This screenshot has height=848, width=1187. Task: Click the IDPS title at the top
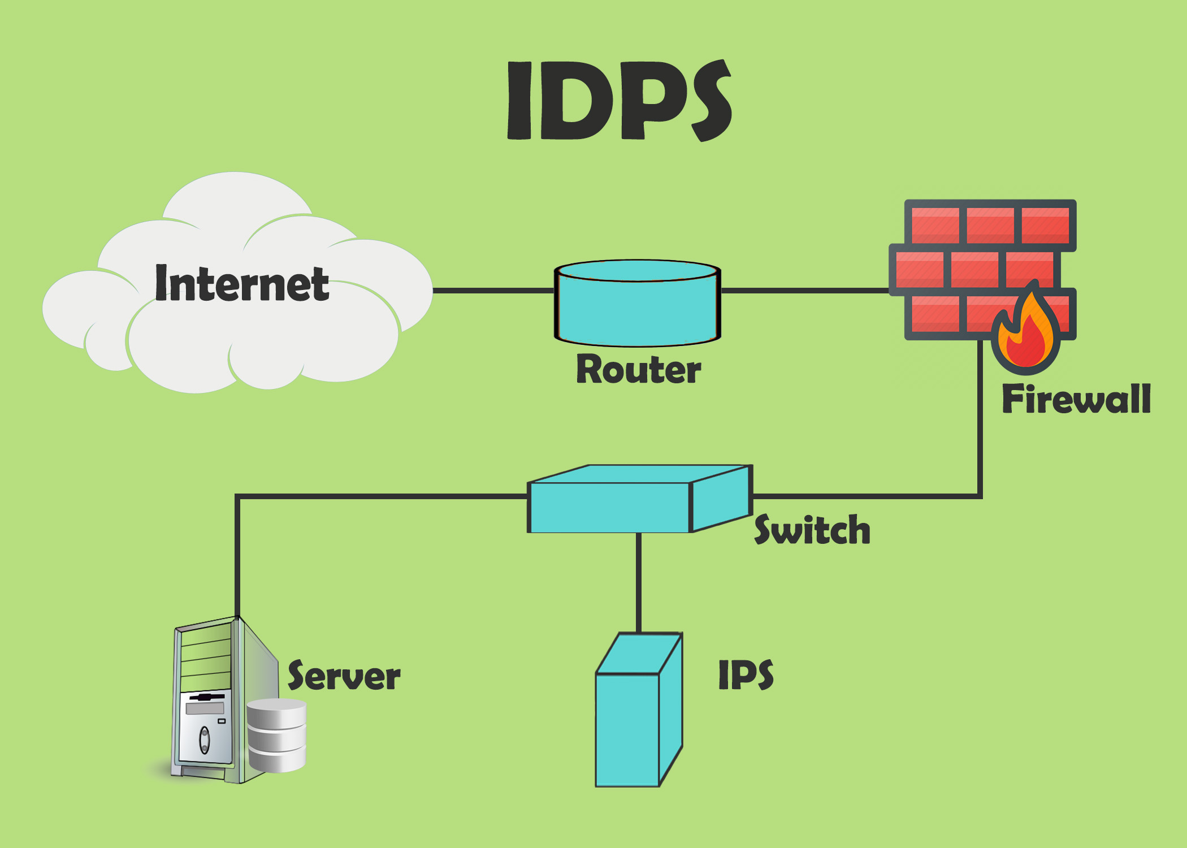619,101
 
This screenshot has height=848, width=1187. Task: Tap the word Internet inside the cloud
242,284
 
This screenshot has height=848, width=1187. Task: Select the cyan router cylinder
637,308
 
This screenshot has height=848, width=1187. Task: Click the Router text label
638,370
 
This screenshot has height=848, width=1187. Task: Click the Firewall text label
1076,399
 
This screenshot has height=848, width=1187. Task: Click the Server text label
344,676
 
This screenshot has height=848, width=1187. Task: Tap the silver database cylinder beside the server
277,735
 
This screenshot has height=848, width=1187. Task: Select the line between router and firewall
805,291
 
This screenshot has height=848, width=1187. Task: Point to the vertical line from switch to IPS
639,582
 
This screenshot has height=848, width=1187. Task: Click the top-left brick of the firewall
935,224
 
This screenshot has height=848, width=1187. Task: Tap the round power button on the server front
205,739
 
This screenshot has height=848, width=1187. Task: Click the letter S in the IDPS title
711,101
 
